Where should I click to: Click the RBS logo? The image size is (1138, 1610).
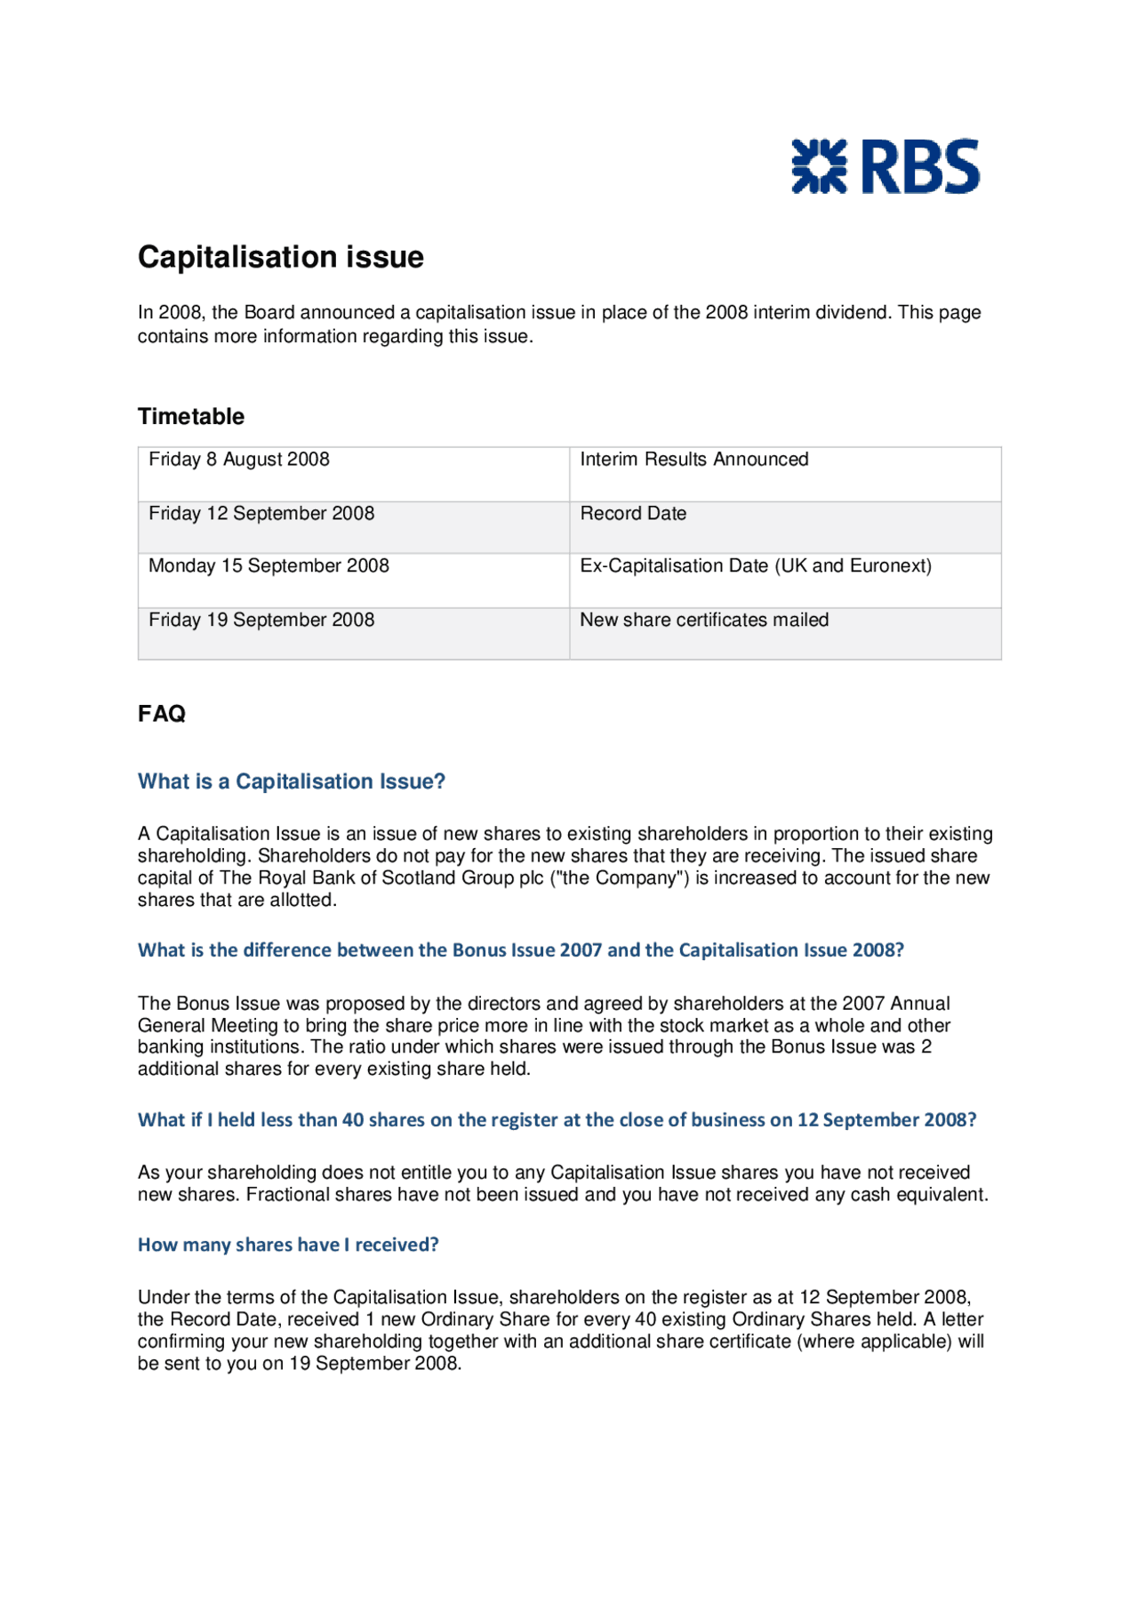tap(885, 166)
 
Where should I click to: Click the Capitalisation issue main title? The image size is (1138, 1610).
tap(280, 257)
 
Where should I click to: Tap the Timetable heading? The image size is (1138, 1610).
tap(190, 416)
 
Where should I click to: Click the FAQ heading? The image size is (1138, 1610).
tap(162, 714)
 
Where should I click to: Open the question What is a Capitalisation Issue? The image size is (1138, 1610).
tap(291, 781)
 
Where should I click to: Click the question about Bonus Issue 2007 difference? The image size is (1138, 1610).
tap(520, 950)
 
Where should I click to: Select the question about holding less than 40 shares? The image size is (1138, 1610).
tap(557, 1120)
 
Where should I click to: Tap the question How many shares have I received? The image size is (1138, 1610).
tap(288, 1245)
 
